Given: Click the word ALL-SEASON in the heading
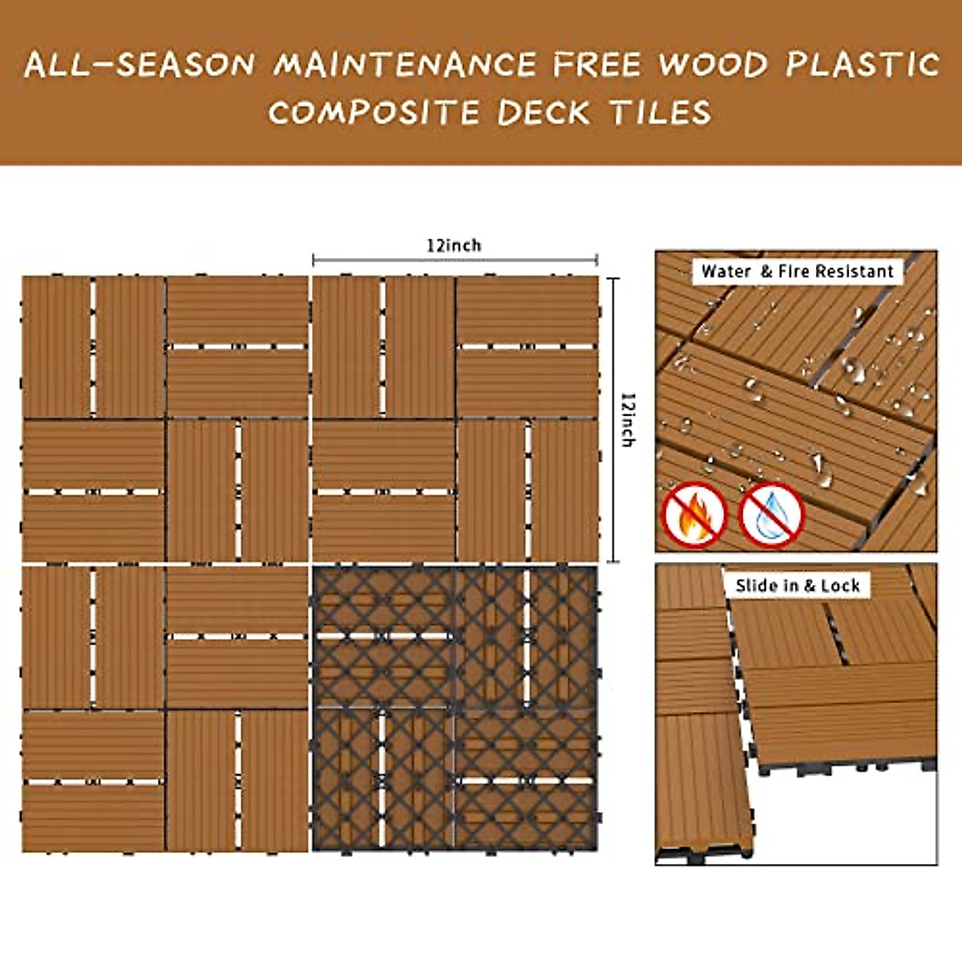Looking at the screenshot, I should click(139, 64).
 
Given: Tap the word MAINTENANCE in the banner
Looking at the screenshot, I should click(405, 64).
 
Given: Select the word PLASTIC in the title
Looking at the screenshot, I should click(862, 64).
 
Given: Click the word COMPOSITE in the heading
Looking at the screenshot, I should click(373, 112).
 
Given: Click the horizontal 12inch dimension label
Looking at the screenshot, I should click(454, 245).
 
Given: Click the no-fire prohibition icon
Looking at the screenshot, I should click(694, 515).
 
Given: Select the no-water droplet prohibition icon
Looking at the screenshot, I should click(770, 515).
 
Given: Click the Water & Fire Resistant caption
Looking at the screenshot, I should click(797, 272).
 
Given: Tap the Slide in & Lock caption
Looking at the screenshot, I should click(797, 586).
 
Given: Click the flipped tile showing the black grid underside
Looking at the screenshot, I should click(455, 708).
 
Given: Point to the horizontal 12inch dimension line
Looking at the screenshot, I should click(455, 260).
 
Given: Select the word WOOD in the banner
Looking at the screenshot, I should click(713, 64).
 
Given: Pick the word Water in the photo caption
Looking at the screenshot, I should click(726, 272).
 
